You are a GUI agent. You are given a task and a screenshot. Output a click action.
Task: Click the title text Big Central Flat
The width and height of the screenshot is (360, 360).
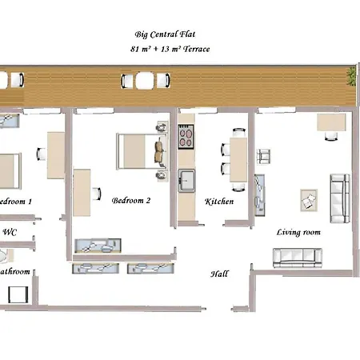[164, 35]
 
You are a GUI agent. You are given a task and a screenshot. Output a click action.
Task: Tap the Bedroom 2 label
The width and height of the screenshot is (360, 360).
[131, 200]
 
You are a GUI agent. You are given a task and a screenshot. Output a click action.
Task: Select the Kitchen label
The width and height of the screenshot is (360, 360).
[219, 202]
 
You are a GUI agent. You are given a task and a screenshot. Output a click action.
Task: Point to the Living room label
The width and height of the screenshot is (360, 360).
[298, 233]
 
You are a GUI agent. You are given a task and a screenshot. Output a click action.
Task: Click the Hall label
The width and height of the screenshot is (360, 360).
[220, 274]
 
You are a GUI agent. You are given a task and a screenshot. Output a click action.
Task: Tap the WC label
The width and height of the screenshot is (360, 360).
[10, 233]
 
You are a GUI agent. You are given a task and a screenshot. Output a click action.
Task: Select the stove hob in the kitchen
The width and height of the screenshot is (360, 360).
[186, 137]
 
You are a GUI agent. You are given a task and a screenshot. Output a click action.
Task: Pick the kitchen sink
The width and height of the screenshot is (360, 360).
[186, 180]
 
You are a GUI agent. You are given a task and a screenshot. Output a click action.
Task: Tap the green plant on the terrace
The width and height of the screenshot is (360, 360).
[351, 74]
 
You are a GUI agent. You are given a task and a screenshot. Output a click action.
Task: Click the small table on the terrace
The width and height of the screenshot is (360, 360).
[143, 80]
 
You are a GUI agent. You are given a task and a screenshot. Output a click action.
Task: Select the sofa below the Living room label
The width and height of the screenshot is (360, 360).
[297, 257]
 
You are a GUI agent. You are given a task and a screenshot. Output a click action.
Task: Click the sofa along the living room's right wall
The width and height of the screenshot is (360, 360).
[339, 198]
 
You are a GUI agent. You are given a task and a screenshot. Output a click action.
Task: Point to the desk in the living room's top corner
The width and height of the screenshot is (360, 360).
[330, 122]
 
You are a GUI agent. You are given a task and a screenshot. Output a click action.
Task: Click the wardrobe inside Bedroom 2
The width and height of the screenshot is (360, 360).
[98, 245]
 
